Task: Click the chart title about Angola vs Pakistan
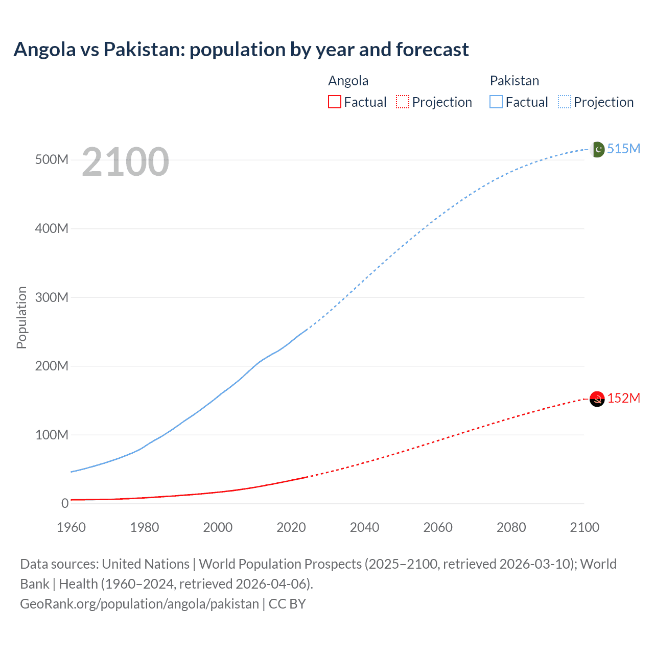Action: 241,50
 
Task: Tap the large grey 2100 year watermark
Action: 125,162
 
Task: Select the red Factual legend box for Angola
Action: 334,102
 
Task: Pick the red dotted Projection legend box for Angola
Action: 403,102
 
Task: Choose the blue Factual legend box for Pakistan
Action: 496,102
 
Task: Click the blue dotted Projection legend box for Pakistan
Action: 564,102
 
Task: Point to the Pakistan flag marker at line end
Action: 597,149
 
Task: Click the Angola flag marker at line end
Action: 597,399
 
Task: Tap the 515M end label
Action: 623,149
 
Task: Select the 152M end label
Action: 623,398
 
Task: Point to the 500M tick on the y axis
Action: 52,160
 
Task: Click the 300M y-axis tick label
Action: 52,297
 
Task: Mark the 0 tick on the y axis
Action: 65,504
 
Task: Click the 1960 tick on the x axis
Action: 71,527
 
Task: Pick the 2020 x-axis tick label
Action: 291,527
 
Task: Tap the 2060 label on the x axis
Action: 438,527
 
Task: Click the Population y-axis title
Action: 21,317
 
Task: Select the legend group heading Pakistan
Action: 514,81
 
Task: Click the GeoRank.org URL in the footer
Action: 139,604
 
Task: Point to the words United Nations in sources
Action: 146,564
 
